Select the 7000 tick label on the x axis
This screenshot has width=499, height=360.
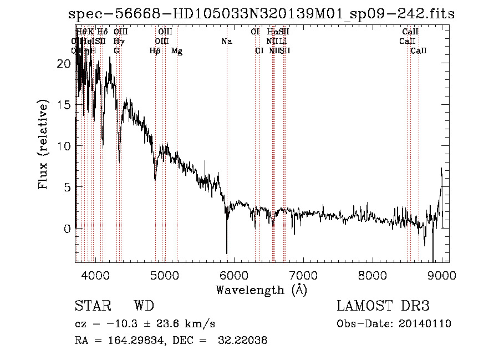pyautogui.click(x=303, y=275)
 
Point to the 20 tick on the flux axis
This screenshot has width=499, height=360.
pyautogui.click(x=64, y=64)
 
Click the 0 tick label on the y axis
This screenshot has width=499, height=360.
pyautogui.click(x=67, y=229)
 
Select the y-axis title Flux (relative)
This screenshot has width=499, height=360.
pyautogui.click(x=44, y=144)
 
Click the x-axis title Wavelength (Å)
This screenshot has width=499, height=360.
pyautogui.click(x=261, y=290)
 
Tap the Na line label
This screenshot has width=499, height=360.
pyautogui.click(x=226, y=42)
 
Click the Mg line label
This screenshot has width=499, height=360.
pyautogui.click(x=177, y=51)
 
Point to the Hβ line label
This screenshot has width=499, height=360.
pyautogui.click(x=155, y=51)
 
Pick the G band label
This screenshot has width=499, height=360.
pyautogui.click(x=116, y=51)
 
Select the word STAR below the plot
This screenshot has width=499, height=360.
pyautogui.click(x=93, y=306)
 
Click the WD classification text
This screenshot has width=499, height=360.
pyautogui.click(x=144, y=306)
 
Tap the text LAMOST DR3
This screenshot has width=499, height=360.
pyautogui.click(x=383, y=306)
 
